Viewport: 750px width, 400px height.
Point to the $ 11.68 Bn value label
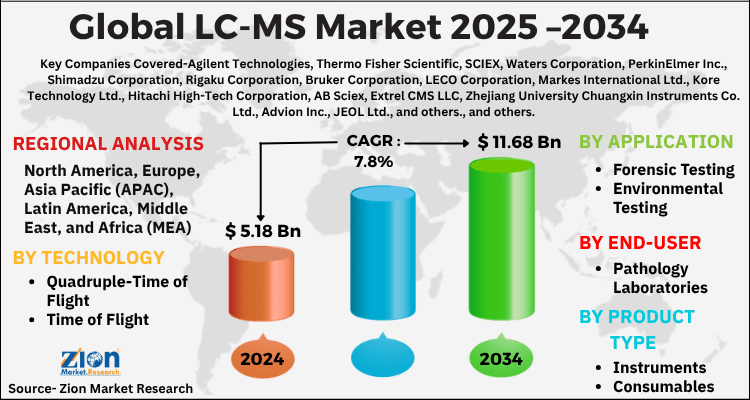(x=517, y=143)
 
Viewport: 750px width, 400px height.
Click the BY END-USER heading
(x=641, y=243)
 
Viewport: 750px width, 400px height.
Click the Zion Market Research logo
(x=76, y=359)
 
